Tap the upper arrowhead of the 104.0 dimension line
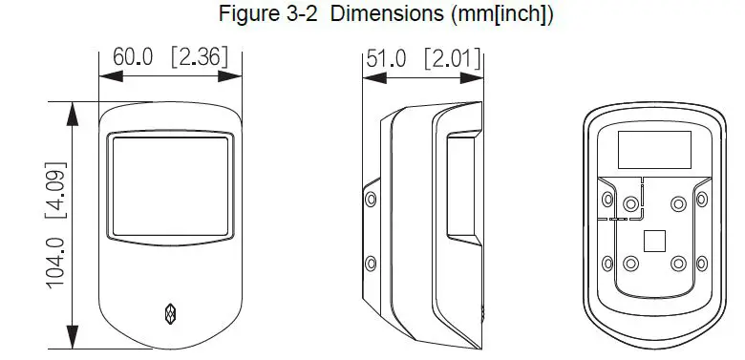(x=69, y=111)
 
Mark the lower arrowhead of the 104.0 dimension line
(x=69, y=339)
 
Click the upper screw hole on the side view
(x=371, y=200)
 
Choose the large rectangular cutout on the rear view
(x=654, y=151)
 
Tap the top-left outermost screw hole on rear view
(x=607, y=199)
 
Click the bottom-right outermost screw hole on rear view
(x=702, y=263)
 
